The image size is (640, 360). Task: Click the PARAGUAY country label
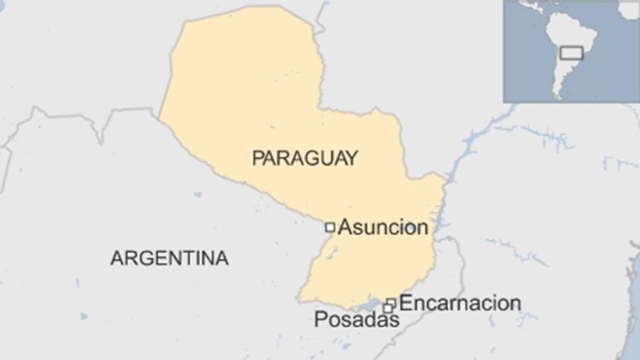coord(305,158)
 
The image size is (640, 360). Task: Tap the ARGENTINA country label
coord(170,258)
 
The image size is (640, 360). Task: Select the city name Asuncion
coord(383,228)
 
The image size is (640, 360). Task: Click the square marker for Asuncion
coord(329,227)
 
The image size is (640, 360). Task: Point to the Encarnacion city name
coord(460,303)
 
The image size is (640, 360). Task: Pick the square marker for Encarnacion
coord(391,302)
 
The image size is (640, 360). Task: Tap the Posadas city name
coord(356,320)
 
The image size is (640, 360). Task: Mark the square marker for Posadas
coord(388,308)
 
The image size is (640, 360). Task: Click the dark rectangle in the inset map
coord(571,53)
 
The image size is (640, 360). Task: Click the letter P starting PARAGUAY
coord(258,158)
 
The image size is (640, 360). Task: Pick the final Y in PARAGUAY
coord(352,158)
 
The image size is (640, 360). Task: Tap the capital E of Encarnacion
coord(406,303)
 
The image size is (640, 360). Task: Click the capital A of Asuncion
coord(345,228)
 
